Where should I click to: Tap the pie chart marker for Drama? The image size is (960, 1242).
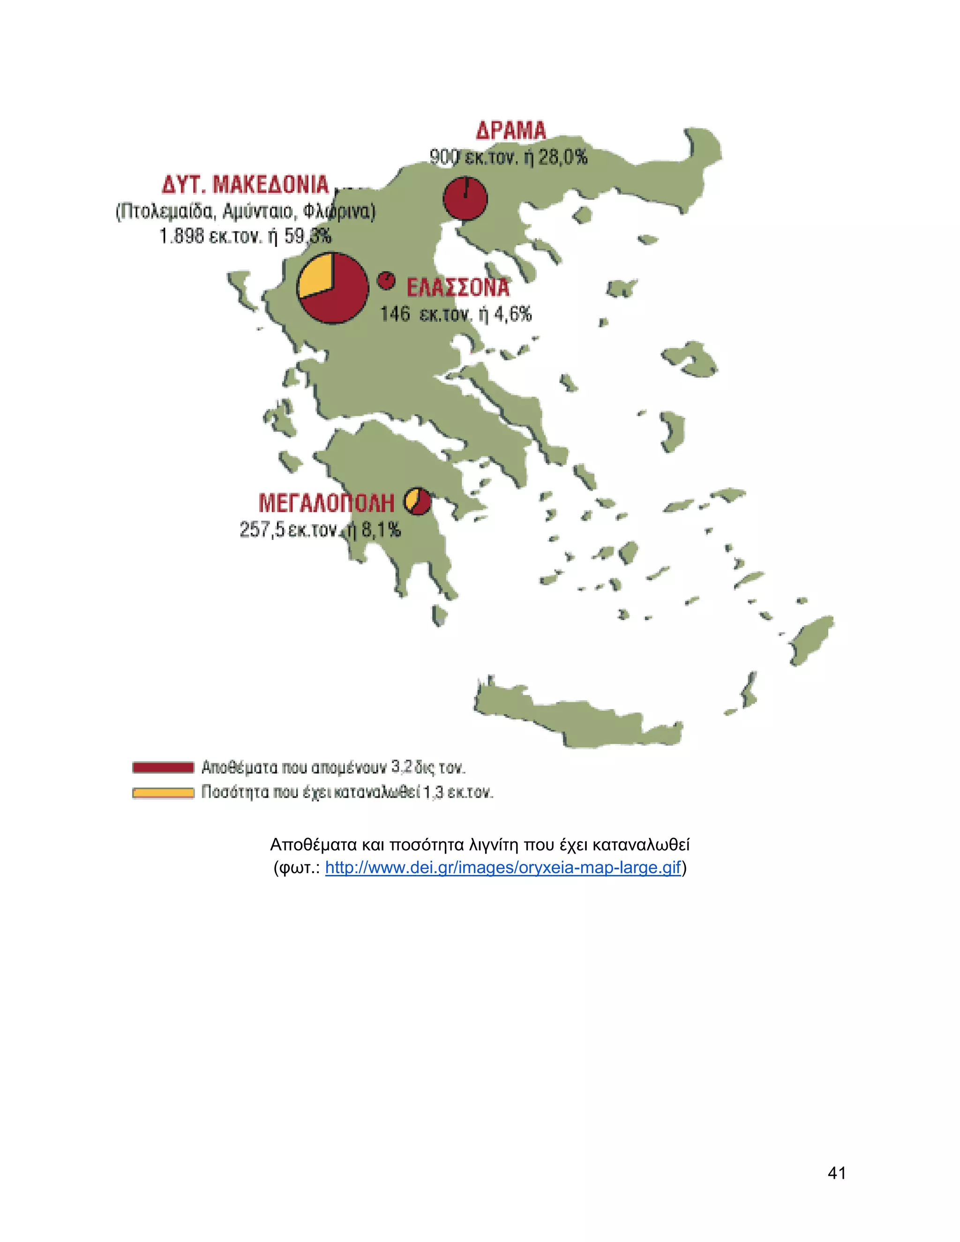pyautogui.click(x=465, y=198)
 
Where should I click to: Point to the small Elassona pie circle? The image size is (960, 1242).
pyautogui.click(x=386, y=280)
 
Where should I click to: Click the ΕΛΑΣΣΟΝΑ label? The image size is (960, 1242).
pyautogui.click(x=458, y=288)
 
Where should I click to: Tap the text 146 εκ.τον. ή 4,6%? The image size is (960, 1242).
pyautogui.click(x=456, y=314)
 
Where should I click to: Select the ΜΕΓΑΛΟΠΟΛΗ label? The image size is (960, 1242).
pyautogui.click(x=326, y=503)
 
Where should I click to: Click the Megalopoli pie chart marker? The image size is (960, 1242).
pyautogui.click(x=418, y=501)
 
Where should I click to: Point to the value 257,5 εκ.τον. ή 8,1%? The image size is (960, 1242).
pyautogui.click(x=320, y=530)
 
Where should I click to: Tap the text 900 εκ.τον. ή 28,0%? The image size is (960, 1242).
pyautogui.click(x=508, y=157)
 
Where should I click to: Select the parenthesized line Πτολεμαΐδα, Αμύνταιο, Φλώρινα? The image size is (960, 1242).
pyautogui.click(x=245, y=211)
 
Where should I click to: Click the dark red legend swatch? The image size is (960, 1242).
pyautogui.click(x=163, y=768)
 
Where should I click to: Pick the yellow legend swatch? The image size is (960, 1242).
pyautogui.click(x=163, y=793)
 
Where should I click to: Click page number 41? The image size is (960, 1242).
pyautogui.click(x=837, y=1173)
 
